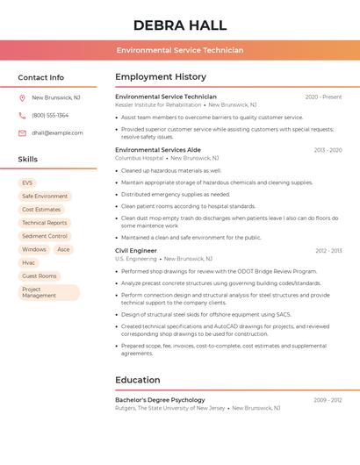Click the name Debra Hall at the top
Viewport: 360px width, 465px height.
pos(179,25)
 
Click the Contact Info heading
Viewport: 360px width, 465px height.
pos(40,77)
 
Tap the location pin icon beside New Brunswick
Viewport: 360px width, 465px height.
pos(22,97)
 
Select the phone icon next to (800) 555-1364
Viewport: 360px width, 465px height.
pos(22,115)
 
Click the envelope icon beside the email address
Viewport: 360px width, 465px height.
pos(22,132)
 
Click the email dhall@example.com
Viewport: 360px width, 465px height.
pos(57,132)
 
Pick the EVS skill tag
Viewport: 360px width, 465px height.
pos(28,182)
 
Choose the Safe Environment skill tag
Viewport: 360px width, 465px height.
pos(45,197)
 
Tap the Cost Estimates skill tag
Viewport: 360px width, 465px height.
pos(41,210)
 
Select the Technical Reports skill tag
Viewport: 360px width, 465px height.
pos(45,223)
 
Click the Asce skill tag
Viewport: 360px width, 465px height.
pos(63,249)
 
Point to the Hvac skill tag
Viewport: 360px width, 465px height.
pos(29,262)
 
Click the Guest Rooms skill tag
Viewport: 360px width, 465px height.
pos(40,275)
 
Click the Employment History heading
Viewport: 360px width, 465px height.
pos(160,76)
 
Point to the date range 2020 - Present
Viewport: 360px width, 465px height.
pos(323,97)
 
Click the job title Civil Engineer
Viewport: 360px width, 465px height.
pos(136,250)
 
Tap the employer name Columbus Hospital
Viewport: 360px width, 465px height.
pos(139,158)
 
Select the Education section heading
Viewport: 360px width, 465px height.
pos(137,380)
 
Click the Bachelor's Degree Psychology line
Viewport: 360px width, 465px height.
pos(160,400)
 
